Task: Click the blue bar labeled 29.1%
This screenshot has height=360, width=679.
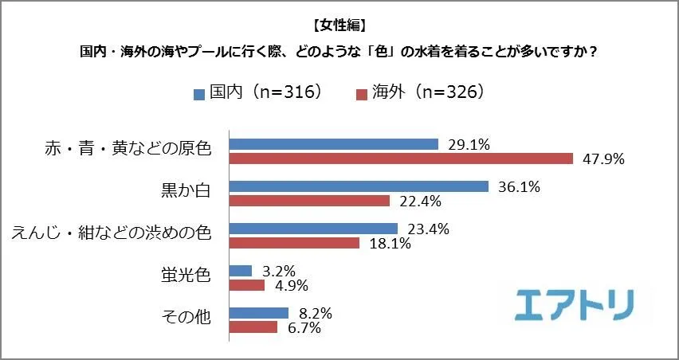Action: [x=334, y=144]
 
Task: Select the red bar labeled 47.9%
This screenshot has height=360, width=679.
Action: [x=401, y=158]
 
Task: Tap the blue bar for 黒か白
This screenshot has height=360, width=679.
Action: [x=359, y=186]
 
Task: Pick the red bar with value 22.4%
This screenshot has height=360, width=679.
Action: [x=309, y=200]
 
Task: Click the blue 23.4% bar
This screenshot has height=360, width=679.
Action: [x=313, y=229]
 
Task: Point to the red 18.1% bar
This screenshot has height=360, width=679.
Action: [x=294, y=242]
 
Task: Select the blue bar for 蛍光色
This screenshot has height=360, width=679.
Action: [x=241, y=271]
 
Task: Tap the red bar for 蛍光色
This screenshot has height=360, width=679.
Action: [x=247, y=284]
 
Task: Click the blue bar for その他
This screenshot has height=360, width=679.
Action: [x=259, y=313]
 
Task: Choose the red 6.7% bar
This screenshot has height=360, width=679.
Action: [x=253, y=327]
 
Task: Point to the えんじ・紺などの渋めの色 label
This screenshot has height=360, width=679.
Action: [x=111, y=234]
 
